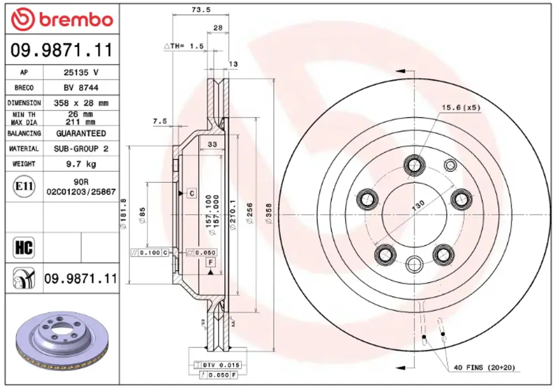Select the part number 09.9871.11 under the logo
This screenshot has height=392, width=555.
click(x=62, y=51)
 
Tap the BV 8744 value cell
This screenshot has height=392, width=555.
click(x=81, y=88)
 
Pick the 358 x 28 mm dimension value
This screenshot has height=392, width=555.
click(x=81, y=103)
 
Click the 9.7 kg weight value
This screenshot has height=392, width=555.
click(x=81, y=164)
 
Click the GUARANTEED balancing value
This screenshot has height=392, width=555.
click(x=81, y=133)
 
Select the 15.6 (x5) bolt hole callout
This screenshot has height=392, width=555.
click(x=461, y=108)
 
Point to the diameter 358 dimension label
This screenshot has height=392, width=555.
click(x=269, y=214)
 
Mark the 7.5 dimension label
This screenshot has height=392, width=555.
click(x=160, y=121)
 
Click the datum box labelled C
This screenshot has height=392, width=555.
click(x=191, y=193)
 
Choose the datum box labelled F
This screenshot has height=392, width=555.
click(x=210, y=262)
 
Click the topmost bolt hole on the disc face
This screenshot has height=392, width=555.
click(x=413, y=164)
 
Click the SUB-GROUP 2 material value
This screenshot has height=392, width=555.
click(x=81, y=149)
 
